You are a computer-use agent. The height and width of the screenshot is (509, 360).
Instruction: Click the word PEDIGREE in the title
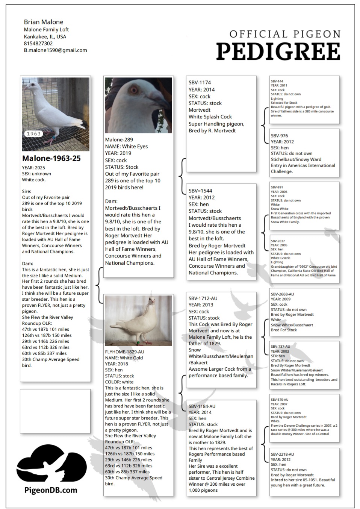click(278, 52)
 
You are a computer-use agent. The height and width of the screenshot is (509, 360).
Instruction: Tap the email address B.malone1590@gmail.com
click(55, 50)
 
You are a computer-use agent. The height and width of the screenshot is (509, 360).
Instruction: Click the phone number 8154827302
click(38, 44)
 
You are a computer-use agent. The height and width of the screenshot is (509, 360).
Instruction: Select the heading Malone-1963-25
click(51, 158)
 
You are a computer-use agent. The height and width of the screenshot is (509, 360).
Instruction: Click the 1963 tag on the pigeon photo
click(34, 133)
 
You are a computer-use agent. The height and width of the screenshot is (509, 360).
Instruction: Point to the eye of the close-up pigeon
click(134, 90)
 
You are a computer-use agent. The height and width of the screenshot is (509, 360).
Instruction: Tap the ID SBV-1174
click(200, 82)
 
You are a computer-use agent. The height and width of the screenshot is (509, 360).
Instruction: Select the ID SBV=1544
click(200, 191)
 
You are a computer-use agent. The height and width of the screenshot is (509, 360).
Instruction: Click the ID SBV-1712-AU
click(203, 298)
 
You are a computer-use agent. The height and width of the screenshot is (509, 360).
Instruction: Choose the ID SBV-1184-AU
click(202, 406)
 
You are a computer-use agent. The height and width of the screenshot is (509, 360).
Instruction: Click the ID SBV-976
click(279, 136)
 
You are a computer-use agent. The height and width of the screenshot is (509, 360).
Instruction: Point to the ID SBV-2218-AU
click(282, 454)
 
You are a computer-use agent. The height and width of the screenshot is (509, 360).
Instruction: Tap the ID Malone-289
click(119, 139)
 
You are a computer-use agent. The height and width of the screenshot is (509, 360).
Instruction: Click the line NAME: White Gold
click(124, 358)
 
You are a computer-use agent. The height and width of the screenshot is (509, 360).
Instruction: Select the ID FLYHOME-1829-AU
click(125, 352)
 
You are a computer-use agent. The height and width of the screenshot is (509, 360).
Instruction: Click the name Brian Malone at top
click(44, 22)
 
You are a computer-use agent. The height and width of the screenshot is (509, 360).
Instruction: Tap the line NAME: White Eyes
click(126, 146)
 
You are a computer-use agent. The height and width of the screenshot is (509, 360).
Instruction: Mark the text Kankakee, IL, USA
click(45, 36)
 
